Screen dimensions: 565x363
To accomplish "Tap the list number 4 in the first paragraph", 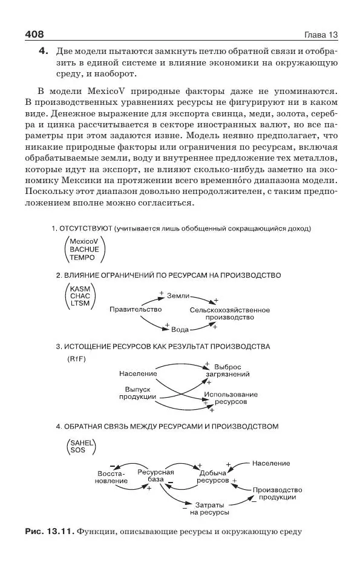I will pyautogui.click(x=43, y=52).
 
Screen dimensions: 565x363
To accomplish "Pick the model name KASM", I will pyautogui.click(x=80, y=289).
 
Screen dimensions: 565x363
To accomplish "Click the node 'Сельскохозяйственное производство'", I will pyautogui.click(x=229, y=313).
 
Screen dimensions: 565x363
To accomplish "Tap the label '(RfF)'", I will pyautogui.click(x=77, y=359).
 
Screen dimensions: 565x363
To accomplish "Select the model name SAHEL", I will pyautogui.click(x=83, y=443).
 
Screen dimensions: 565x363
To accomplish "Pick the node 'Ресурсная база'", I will pyautogui.click(x=155, y=476).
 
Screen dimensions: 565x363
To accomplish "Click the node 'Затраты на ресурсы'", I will pyautogui.click(x=209, y=508).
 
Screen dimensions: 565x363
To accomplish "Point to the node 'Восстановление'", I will pyautogui.click(x=111, y=476).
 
